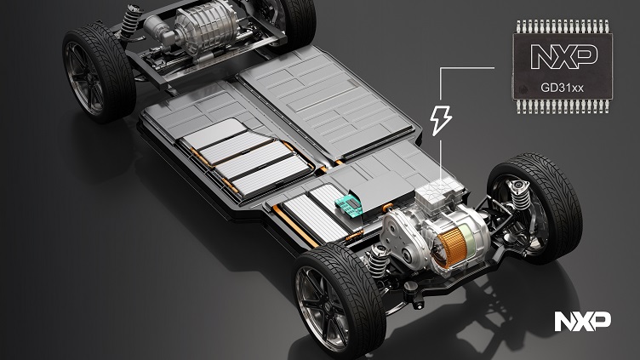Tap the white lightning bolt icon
tap(442, 121)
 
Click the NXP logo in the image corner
tap(582, 321)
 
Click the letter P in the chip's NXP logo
tap(585, 56)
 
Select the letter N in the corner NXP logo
tap(563, 321)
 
